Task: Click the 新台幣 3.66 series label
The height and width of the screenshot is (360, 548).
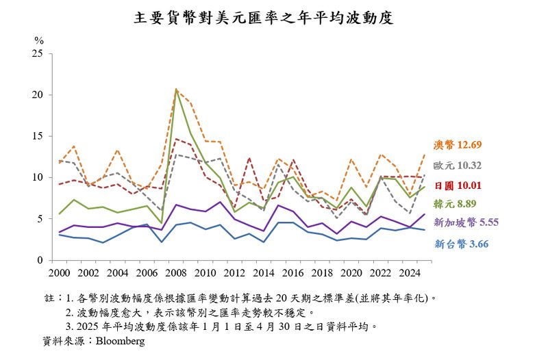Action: click(461, 243)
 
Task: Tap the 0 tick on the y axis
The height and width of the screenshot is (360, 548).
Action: click(40, 261)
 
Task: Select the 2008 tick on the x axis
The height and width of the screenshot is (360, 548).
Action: click(177, 273)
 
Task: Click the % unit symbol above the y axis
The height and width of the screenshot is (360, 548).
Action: click(38, 40)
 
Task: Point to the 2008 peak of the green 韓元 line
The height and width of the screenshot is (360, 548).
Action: click(177, 90)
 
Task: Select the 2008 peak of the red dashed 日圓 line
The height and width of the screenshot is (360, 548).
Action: click(177, 139)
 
